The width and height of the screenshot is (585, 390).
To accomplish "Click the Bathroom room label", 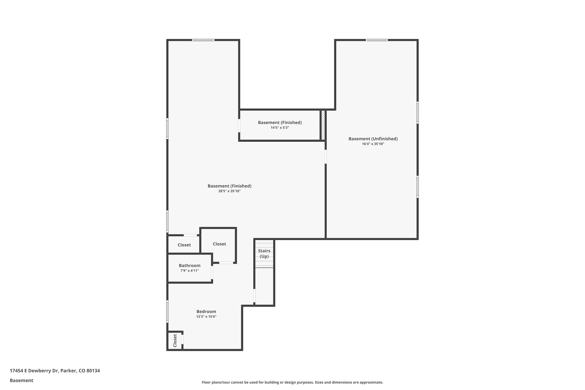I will coord(189,265).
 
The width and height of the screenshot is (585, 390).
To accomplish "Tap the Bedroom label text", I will coord(206,311).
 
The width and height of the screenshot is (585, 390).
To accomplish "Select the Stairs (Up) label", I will coord(264,253).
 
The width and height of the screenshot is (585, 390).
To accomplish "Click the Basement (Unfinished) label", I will coord(373,139).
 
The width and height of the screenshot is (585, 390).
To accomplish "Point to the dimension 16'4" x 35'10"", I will coord(373,144).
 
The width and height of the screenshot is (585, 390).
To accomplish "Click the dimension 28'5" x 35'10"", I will coord(229,191).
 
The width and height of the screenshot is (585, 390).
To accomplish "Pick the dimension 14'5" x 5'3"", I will coord(280,128).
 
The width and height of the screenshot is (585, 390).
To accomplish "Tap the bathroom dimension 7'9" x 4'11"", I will coord(189,271).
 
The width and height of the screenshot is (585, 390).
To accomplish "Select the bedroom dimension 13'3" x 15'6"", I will coord(206,317).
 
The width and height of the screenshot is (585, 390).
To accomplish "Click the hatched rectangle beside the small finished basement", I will coord(323,125).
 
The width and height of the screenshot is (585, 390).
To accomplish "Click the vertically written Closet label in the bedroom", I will coord(175,341).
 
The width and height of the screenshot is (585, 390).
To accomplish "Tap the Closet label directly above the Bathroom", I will coord(184,245).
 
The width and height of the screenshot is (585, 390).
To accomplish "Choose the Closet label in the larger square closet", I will coord(219,244).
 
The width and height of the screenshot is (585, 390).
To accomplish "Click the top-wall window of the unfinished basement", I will coord(376,40).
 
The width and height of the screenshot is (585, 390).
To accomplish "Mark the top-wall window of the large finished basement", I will coord(203,40).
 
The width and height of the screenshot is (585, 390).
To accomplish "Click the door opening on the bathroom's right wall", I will coord(212,273).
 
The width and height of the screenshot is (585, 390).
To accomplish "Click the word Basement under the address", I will coord(21,380).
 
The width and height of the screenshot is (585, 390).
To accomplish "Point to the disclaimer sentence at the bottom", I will coord(292,382).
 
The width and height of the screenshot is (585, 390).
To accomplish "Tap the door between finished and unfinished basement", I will coord(325,157).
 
